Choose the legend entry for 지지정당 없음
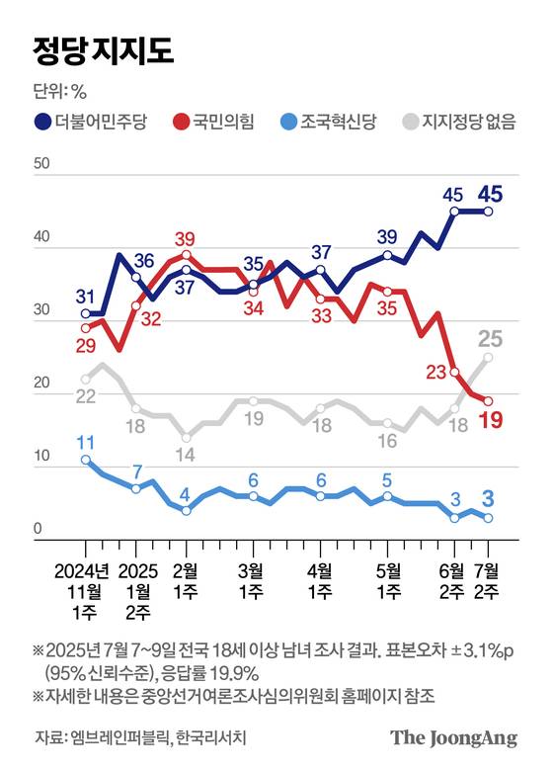tap(470, 122)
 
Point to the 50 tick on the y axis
tap(40, 163)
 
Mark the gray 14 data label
tap(185, 456)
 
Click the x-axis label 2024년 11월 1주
tap(85, 591)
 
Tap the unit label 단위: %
tap(61, 92)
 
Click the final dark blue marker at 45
tap(488, 211)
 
